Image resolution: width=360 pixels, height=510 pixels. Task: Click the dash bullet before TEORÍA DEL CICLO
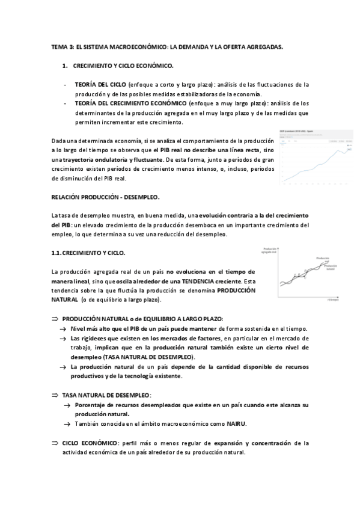click(65, 85)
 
